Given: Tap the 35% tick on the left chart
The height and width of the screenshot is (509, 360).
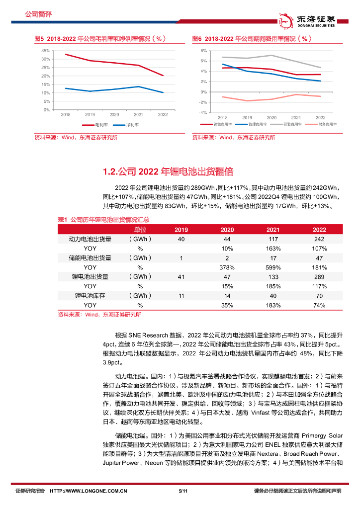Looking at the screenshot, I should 45,51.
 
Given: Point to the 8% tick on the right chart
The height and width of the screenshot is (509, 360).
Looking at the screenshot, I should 203,51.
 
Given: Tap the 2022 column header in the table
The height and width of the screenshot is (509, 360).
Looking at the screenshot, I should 319,230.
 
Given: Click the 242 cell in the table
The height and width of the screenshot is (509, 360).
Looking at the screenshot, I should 319,239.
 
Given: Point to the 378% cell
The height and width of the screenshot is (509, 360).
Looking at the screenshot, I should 227,267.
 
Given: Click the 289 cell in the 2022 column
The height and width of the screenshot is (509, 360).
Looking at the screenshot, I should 319,277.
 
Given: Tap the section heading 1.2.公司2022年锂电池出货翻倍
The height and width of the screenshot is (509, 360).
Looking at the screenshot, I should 168,172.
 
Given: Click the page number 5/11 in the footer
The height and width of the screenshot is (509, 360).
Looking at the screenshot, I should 182,491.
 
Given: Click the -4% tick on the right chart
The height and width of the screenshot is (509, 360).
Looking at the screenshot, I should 202,113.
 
